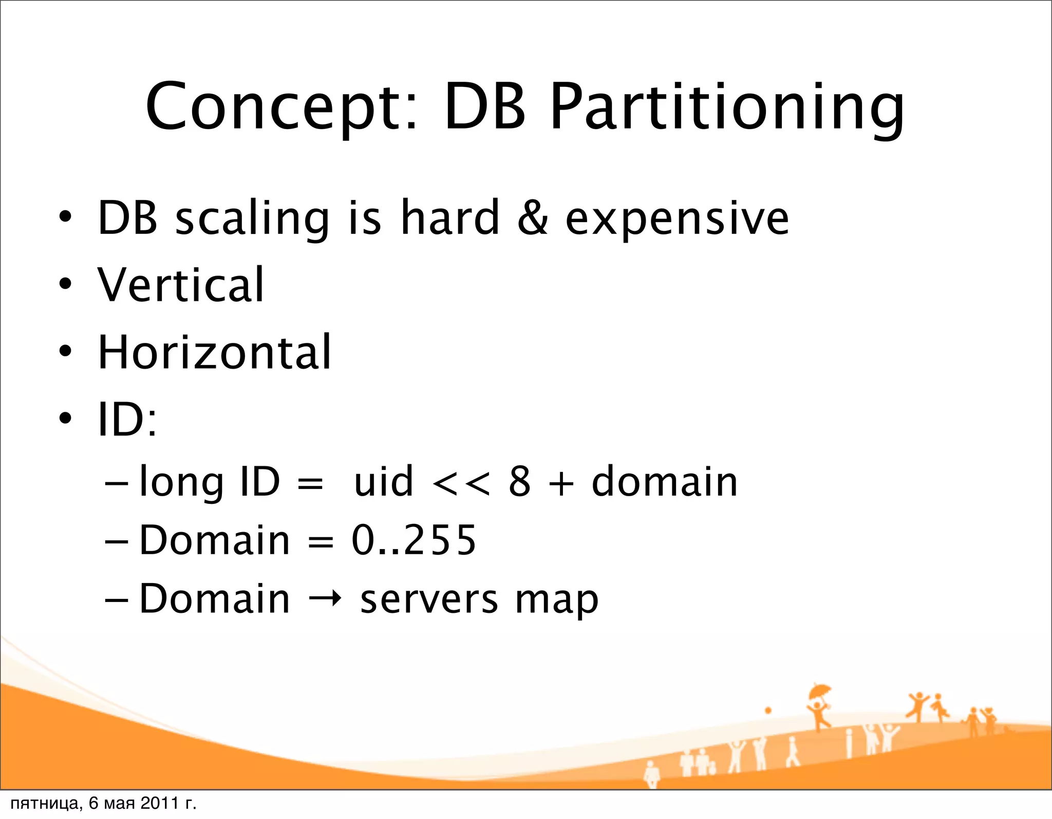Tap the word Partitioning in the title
[726, 109]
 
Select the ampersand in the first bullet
[532, 218]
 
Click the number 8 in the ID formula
[519, 482]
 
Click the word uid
[383, 482]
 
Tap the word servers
[429, 600]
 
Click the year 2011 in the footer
[159, 803]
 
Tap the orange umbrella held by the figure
[819, 691]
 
